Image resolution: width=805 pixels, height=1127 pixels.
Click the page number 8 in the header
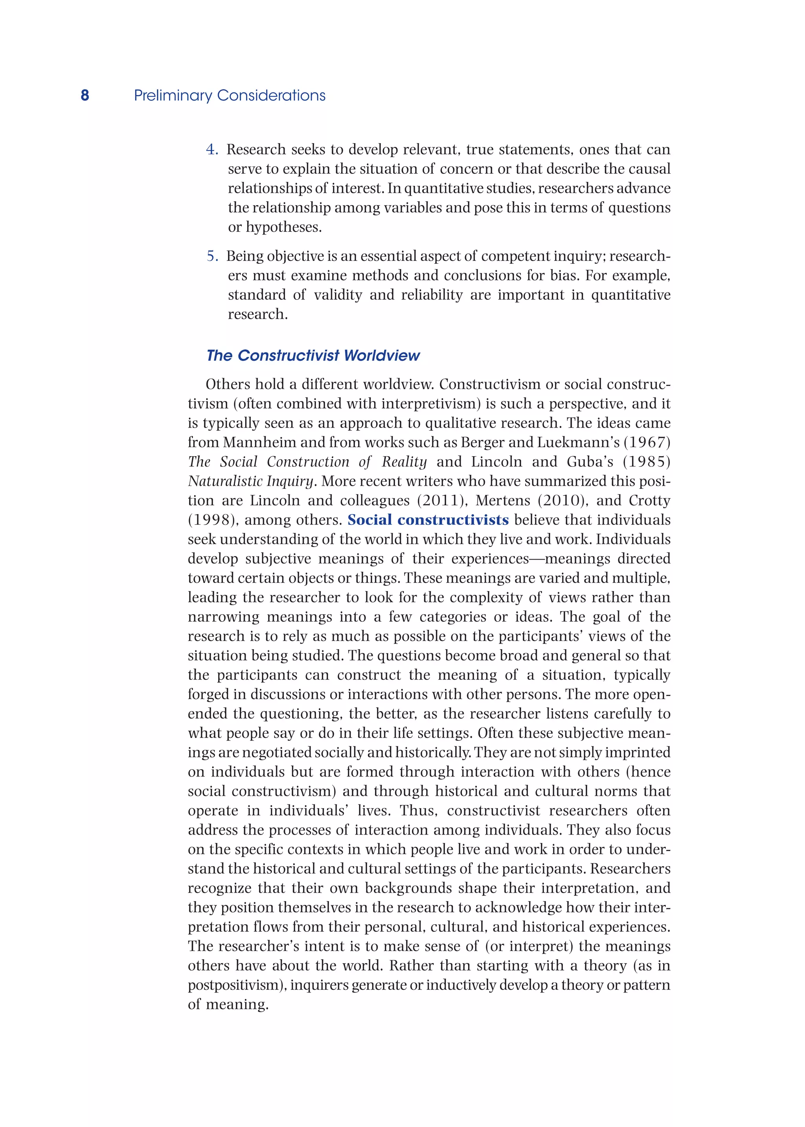(x=85, y=95)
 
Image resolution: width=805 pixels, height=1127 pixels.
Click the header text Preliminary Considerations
(x=230, y=95)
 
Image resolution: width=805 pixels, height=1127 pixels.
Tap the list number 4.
(x=211, y=149)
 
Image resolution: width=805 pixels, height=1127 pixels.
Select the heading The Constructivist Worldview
(x=313, y=355)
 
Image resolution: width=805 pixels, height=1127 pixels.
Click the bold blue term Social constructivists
(x=428, y=519)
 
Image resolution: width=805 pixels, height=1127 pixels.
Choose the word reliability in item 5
(x=432, y=295)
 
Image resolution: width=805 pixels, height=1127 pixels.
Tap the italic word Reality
(x=404, y=461)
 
